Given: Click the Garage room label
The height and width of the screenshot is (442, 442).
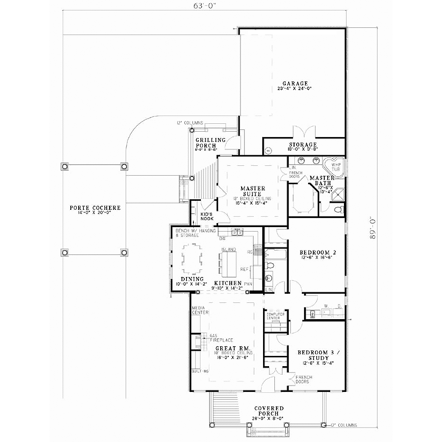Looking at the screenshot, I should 293,83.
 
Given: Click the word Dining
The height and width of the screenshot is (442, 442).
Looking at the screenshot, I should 192,279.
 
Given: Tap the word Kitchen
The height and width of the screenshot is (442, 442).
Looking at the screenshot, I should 228,283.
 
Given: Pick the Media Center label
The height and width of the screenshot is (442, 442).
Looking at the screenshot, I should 198,309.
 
